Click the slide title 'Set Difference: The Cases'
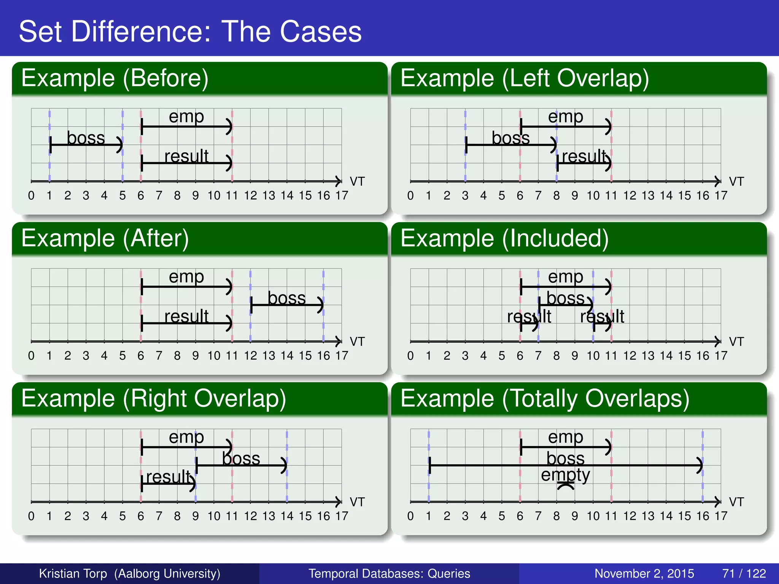point(190,31)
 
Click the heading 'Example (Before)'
point(114,78)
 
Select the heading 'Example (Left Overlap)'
point(525,78)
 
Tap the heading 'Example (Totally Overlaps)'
point(545,399)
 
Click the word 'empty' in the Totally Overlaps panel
point(565,475)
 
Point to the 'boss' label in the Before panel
point(86,138)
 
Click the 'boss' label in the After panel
point(286,298)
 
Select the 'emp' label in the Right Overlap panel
point(186,437)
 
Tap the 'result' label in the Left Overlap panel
point(584,156)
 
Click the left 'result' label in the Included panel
point(529,316)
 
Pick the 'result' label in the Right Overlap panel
point(168,477)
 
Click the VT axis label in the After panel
point(357,341)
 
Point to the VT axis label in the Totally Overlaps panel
point(736,502)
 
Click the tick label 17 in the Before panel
point(342,195)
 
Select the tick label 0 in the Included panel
point(410,356)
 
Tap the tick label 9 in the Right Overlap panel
point(195,516)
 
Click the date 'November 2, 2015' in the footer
point(644,573)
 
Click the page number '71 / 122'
point(744,573)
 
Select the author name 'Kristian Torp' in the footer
point(73,573)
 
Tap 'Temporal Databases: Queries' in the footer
point(389,573)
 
